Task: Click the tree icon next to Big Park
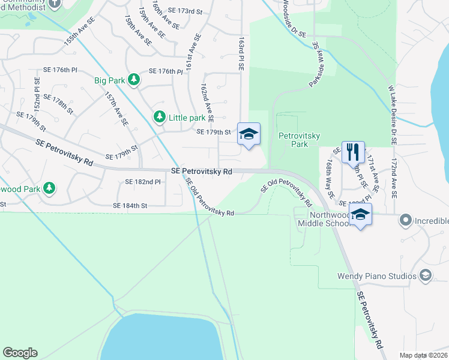click(x=135, y=80)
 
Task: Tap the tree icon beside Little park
click(x=159, y=117)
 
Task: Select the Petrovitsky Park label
click(x=294, y=140)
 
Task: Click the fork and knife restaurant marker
click(x=353, y=151)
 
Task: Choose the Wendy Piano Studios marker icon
click(x=426, y=276)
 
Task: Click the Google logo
click(x=20, y=353)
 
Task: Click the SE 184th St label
click(x=130, y=205)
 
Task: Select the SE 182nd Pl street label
click(x=143, y=181)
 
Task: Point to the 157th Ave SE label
click(x=116, y=109)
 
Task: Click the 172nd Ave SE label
click(x=393, y=179)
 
